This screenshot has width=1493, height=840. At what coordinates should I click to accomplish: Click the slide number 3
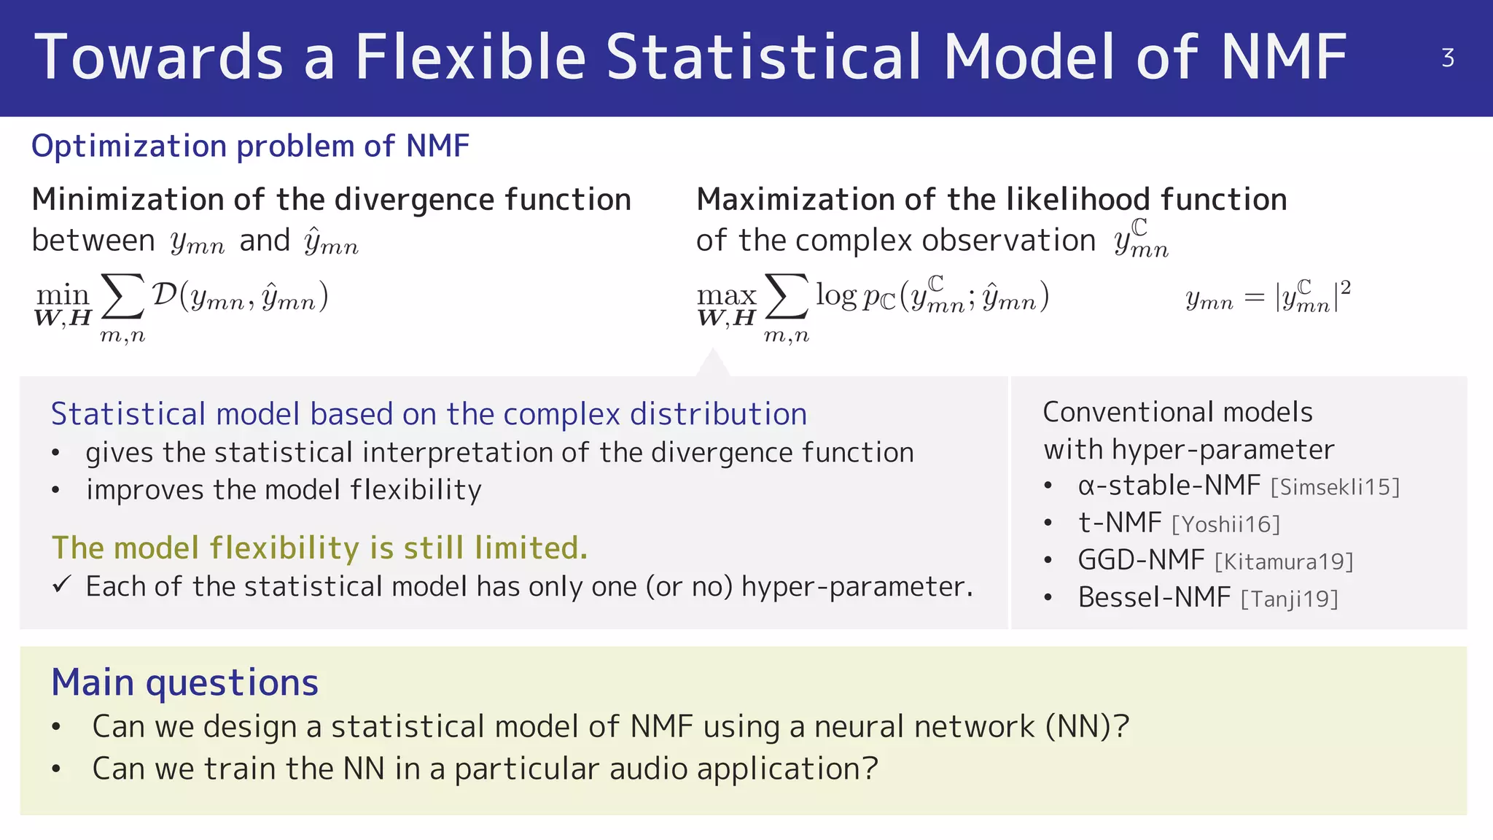1448,58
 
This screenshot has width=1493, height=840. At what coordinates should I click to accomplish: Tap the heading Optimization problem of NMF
250,146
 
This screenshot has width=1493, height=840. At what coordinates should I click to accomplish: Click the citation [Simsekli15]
1335,487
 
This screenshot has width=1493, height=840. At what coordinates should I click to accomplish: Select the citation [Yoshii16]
1225,524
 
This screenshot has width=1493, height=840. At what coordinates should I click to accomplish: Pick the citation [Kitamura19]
1284,561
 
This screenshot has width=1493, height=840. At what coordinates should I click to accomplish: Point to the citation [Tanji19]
1289,599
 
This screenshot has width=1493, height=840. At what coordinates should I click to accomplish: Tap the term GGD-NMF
1141,560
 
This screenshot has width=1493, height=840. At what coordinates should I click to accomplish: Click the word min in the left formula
63,295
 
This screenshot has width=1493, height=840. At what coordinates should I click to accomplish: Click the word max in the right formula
726,295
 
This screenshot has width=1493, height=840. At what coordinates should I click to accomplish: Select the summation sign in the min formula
122,297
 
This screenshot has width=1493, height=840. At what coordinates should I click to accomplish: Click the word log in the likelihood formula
835,295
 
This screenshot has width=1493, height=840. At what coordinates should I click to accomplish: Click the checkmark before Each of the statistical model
62,584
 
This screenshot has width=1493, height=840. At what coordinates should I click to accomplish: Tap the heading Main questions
184,682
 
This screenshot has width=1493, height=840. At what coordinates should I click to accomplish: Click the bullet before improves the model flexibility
56,490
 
